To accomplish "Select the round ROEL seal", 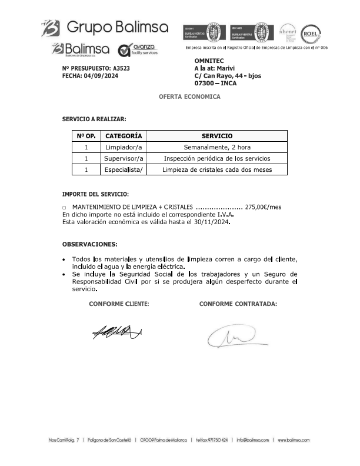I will tap(310, 34).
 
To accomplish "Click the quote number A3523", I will tap(121, 68).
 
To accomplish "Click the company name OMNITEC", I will tap(209, 61).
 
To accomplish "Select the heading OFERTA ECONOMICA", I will tap(189, 96).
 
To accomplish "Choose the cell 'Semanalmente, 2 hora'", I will tap(217, 147).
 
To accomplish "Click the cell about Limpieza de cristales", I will tap(217, 169).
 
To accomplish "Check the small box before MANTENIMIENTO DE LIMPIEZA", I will tap(64, 208).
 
